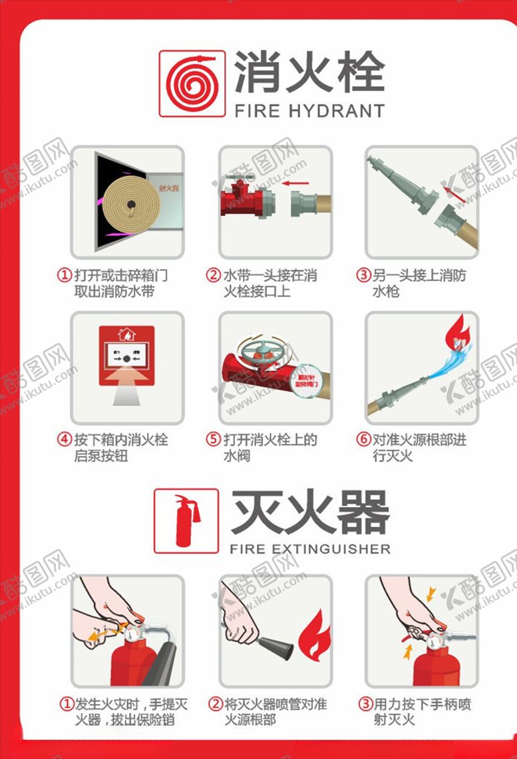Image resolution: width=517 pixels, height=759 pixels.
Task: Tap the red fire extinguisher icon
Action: (186, 520)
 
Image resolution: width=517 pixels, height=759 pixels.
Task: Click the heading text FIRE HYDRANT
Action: (309, 110)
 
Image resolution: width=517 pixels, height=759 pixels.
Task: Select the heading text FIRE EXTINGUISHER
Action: (310, 549)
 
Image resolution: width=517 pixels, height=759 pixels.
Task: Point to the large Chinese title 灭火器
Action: (309, 512)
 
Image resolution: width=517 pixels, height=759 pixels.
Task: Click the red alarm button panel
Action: (126, 356)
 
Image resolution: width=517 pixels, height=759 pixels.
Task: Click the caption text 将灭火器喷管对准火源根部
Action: (275, 711)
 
